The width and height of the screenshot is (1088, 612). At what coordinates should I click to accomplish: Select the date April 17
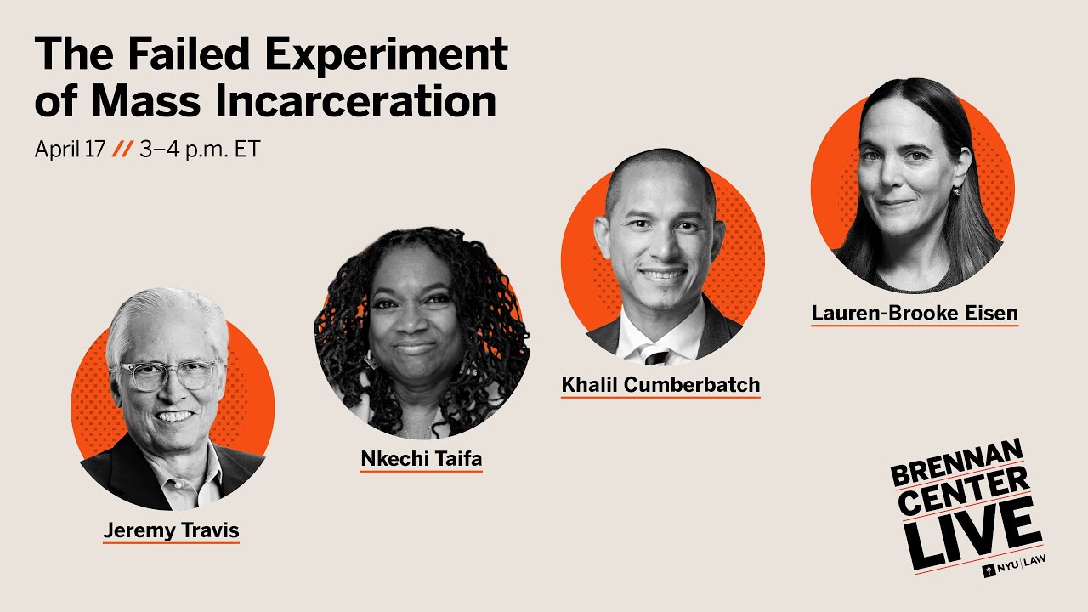[x=70, y=150]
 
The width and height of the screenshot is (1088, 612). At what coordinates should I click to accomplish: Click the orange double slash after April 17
[x=122, y=150]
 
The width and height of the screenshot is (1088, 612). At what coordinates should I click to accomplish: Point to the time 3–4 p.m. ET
[x=199, y=150]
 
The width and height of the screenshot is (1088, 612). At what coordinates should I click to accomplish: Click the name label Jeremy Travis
[x=171, y=531]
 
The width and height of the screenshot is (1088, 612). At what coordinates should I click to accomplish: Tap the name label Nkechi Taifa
[x=421, y=459]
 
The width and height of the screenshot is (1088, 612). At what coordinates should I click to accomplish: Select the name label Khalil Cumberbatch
[x=660, y=384]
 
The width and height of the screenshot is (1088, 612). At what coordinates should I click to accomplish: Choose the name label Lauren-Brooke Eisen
[x=914, y=313]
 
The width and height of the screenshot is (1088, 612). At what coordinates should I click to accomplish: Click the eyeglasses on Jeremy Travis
[x=169, y=375]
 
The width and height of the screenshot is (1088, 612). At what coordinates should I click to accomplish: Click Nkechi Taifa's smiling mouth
[x=416, y=348]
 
